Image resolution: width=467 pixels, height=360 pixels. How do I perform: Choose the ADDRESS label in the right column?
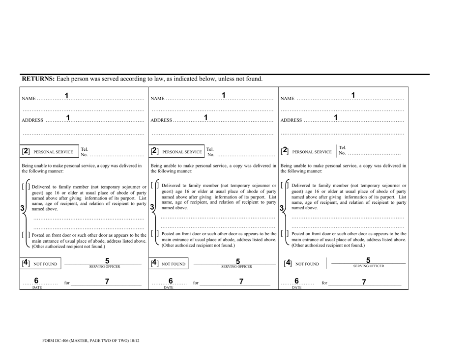292,120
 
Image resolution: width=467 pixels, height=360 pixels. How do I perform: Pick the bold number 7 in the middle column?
240,281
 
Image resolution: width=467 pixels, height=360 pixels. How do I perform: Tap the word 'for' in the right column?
324,283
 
